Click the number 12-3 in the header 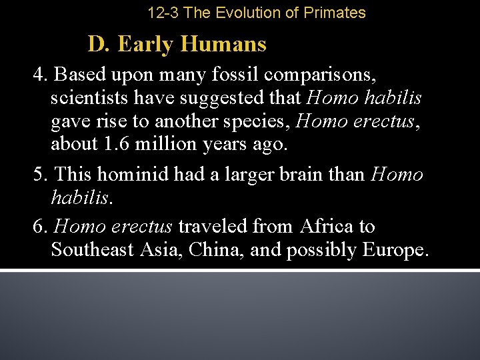pyautogui.click(x=163, y=13)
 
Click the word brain pyautogui.click(x=297, y=175)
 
